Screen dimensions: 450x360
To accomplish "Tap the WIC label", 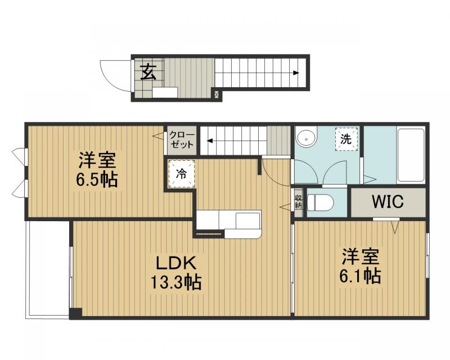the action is [388, 201].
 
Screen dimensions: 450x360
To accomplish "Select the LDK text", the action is [175, 262].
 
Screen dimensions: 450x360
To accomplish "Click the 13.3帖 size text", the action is [175, 282].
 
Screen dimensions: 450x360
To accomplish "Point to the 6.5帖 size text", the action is [97, 179].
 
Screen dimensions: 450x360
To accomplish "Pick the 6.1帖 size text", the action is [360, 276].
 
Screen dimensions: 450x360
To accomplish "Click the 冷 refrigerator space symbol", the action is [181, 174].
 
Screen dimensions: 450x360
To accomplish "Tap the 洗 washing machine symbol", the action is [346, 139].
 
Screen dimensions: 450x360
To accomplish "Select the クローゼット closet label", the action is [182, 139].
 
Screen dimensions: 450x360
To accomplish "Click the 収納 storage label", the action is [299, 202].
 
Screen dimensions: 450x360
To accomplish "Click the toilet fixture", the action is [320, 202].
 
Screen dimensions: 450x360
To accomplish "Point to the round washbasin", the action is [306, 138].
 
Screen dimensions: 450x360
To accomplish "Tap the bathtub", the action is [411, 155].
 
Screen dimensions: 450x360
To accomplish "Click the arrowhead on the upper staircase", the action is [296, 73].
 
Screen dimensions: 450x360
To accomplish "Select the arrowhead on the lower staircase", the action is [210, 141].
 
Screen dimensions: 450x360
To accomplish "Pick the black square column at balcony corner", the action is [76, 313].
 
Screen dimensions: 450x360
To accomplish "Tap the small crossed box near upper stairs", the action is [217, 94].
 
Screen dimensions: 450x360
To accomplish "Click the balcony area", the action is [48, 269].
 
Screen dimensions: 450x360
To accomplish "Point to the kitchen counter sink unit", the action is [229, 224].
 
